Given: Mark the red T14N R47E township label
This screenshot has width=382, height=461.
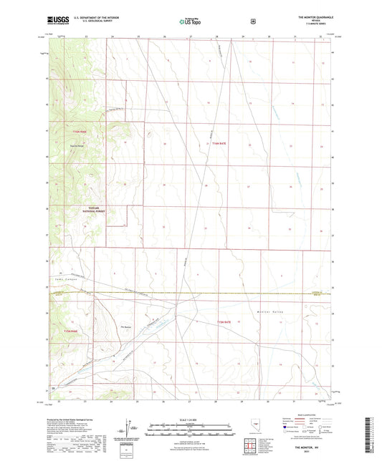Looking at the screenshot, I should pyautogui.click(x=220, y=144).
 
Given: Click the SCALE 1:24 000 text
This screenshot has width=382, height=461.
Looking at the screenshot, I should pyautogui.click(x=191, y=419).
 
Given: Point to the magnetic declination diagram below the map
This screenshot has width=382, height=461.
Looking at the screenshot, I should pyautogui.click(x=130, y=427).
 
